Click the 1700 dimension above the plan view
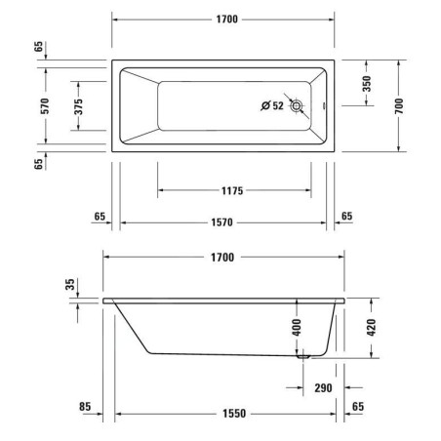click(223, 20)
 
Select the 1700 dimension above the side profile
click(223, 258)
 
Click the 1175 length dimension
click(232, 191)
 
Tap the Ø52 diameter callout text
click(271, 105)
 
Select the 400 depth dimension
click(297, 326)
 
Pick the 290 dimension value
click(325, 387)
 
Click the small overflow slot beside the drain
click(322, 105)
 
